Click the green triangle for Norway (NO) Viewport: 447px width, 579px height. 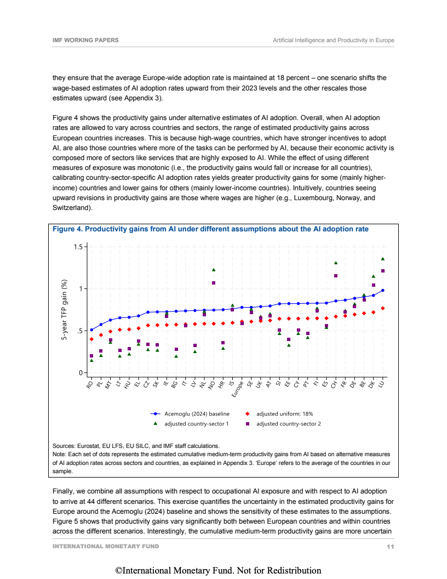coord(214,270)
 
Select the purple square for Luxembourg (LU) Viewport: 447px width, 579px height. coord(383,271)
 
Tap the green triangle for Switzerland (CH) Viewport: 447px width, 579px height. coord(336,263)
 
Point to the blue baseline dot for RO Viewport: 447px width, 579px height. coord(91,330)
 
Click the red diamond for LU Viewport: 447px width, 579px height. coord(383,308)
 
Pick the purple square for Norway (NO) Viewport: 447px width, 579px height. coord(214,283)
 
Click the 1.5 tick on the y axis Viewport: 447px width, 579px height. coord(78,247)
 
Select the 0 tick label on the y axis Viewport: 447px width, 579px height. coord(80,373)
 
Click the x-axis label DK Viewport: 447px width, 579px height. coord(372,384)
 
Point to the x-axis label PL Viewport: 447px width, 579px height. coord(100,384)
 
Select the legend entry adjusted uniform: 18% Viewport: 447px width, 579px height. coord(284,414)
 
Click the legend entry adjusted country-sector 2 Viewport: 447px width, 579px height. coord(288,424)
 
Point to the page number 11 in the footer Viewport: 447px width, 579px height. coord(390,547)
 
